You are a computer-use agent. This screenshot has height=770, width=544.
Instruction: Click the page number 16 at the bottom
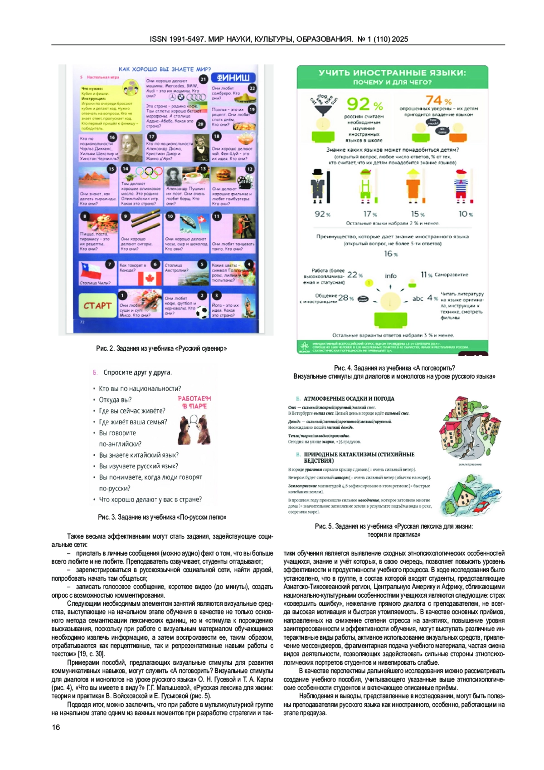click(56, 727)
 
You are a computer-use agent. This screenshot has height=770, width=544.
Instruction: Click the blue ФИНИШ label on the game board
click(233, 78)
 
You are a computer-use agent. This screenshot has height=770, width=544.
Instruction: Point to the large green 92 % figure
click(364, 104)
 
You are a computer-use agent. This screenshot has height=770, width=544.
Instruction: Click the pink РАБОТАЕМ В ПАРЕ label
click(194, 402)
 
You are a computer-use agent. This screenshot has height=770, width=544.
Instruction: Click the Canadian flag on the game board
click(149, 278)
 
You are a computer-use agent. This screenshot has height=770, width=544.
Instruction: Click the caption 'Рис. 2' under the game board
click(161, 348)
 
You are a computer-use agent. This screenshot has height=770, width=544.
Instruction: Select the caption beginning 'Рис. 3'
click(162, 517)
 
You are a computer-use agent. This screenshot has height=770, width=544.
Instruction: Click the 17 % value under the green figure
click(370, 214)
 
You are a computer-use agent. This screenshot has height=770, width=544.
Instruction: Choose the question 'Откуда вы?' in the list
click(115, 400)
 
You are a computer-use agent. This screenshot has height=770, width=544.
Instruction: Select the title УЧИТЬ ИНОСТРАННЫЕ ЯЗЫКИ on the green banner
click(392, 73)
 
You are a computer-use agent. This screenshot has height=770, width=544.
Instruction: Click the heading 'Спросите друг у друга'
click(137, 373)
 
